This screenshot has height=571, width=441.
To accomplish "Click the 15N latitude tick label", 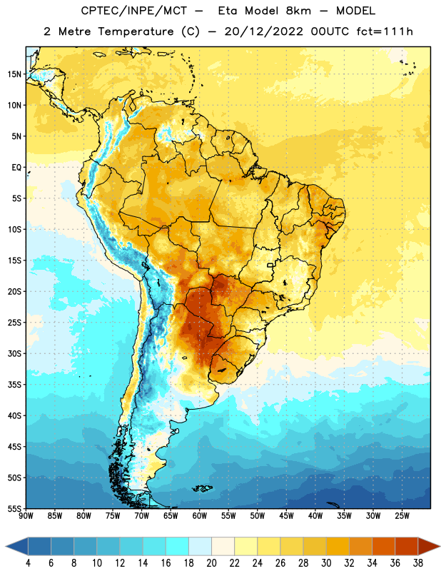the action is pyautogui.click(x=14, y=74).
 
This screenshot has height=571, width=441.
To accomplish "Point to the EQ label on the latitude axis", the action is pyautogui.click(x=16, y=168).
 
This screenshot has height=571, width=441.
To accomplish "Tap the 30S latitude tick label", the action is pyautogui.click(x=14, y=353).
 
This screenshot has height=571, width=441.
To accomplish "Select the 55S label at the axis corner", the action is pyautogui.click(x=14, y=508).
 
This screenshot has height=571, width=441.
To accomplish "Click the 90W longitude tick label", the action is pyautogui.click(x=26, y=516).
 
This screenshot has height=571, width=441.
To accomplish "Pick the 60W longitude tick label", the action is pyautogui.click(x=200, y=516).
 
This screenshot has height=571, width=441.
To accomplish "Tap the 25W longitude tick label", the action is pyautogui.click(x=402, y=516).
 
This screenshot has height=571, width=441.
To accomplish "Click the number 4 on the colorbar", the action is pyautogui.click(x=28, y=563).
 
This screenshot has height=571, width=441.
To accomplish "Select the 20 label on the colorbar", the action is pyautogui.click(x=211, y=563).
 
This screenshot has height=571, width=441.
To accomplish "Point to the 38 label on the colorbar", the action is pyautogui.click(x=418, y=563).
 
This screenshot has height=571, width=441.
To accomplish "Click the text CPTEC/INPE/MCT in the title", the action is pyautogui.click(x=133, y=11).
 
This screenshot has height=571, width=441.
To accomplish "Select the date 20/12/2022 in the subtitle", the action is pyautogui.click(x=263, y=31).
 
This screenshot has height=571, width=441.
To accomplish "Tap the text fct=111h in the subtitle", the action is pyautogui.click(x=385, y=31).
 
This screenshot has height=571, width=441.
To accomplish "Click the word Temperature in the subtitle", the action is pyautogui.click(x=136, y=31).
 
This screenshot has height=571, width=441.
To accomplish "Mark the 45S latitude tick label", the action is pyautogui.click(x=14, y=447).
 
